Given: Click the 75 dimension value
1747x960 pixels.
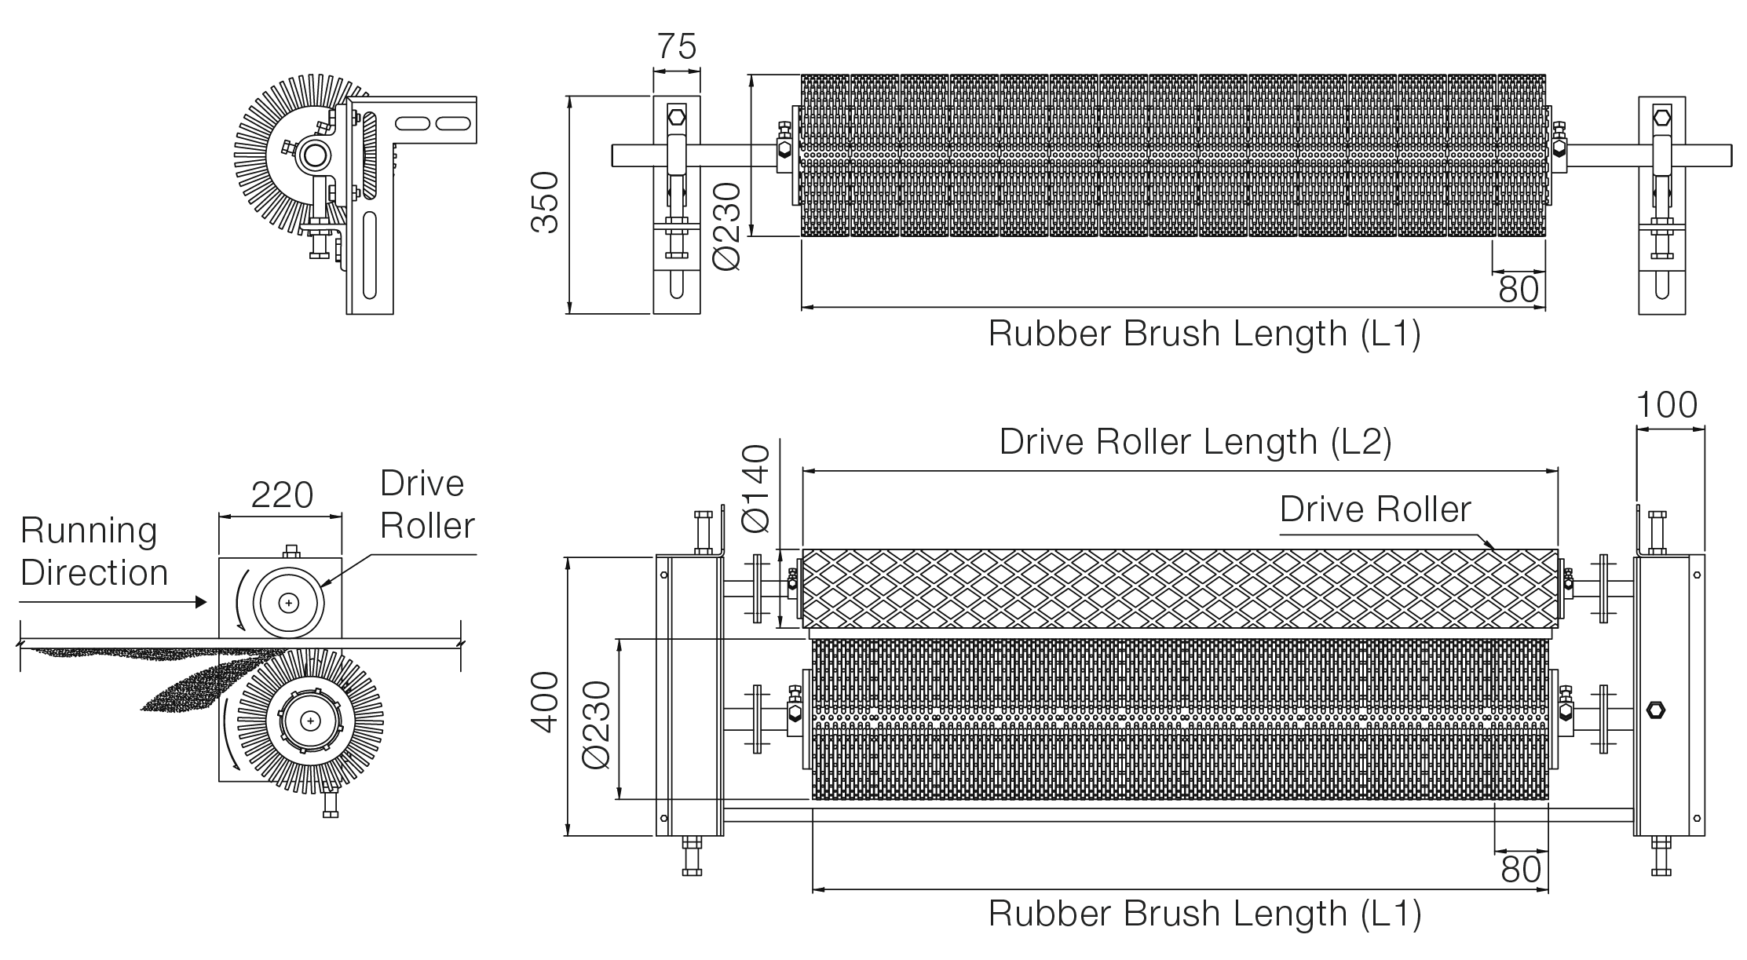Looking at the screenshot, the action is (676, 46).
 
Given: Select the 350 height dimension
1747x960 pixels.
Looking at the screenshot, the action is (544, 203).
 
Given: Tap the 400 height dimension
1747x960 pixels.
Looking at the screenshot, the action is (544, 702).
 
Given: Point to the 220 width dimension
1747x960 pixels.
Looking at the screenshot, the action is (282, 495).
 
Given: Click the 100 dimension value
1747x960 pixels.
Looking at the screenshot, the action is (1666, 405).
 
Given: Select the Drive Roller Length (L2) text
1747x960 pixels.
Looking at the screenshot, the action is (1195, 441).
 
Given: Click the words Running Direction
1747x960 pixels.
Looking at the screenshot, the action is (94, 551).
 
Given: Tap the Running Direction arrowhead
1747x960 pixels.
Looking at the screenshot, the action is (200, 602).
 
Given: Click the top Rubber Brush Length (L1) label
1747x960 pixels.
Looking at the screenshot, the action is (1204, 333).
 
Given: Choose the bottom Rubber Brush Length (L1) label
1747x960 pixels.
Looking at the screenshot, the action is (1204, 913).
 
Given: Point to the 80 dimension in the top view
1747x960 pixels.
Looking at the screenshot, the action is (1519, 289).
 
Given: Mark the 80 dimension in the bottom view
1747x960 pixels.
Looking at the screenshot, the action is (1521, 869).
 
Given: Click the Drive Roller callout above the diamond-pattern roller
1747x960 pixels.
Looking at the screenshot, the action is (1376, 509).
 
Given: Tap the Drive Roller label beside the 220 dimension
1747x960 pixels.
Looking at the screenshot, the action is (428, 504).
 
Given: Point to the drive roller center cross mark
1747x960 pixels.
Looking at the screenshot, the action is (290, 602).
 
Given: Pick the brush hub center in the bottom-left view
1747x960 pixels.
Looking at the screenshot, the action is (311, 720).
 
